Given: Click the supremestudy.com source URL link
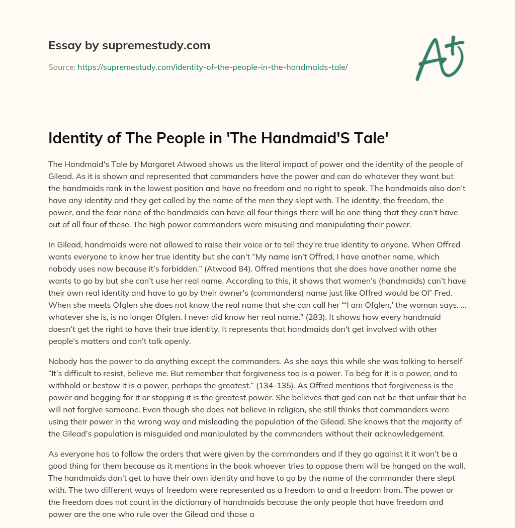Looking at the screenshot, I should click(x=212, y=67).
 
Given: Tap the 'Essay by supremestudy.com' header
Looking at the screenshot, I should click(x=129, y=45).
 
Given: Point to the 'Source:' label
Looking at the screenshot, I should click(x=61, y=67).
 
